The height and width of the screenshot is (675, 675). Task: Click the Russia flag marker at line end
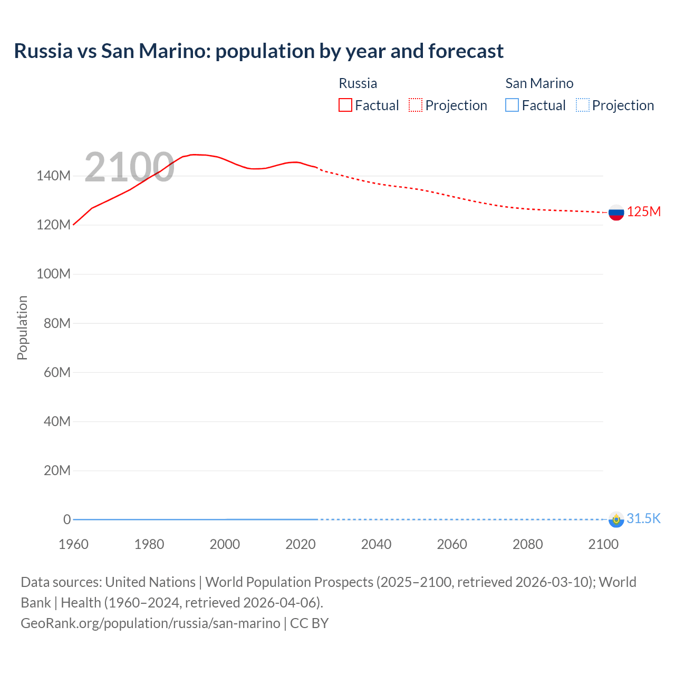[616, 213]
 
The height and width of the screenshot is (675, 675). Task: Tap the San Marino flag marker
[616, 519]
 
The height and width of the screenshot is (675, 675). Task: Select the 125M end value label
[643, 211]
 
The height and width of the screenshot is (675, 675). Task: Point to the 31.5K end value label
[643, 518]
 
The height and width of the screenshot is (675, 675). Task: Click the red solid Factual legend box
[345, 105]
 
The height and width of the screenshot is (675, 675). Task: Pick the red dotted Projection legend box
[416, 105]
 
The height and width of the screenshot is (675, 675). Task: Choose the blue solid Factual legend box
[512, 105]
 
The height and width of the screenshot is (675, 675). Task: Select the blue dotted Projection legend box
[583, 105]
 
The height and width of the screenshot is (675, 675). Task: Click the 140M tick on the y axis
[53, 176]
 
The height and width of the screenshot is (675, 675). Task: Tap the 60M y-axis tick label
[57, 372]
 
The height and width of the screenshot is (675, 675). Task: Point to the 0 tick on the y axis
[67, 519]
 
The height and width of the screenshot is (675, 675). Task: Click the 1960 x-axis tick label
[73, 544]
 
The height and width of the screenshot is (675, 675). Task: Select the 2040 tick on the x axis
[376, 544]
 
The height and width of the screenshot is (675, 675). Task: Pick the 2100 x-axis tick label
[603, 544]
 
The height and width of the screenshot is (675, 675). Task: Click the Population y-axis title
[22, 327]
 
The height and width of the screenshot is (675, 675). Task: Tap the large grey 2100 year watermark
[129, 167]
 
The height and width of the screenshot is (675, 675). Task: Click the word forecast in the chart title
[466, 51]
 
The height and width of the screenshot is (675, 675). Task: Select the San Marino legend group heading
[539, 83]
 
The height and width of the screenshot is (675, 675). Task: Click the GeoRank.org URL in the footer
[150, 623]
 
